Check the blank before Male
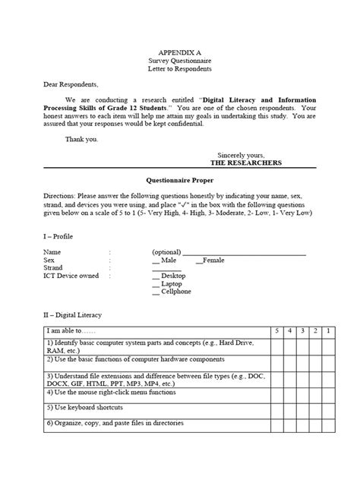tap(156, 261)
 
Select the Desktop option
tap(172, 276)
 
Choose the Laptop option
tap(171, 284)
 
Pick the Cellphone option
tap(175, 292)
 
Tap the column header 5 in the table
tap(279, 333)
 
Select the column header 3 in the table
tap(303, 333)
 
